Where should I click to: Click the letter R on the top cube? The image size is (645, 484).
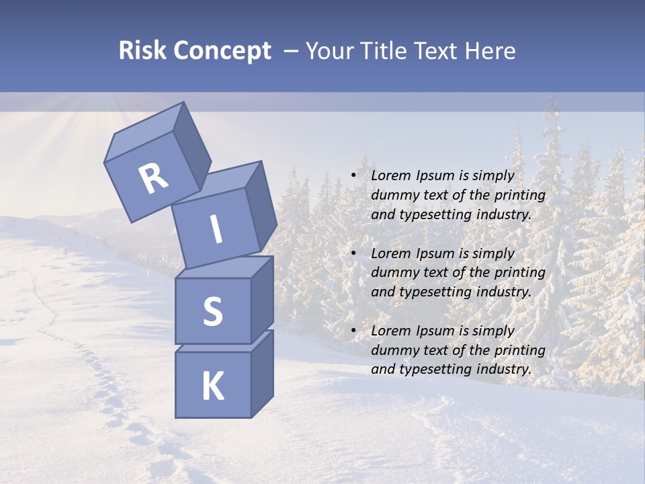tap(153, 179)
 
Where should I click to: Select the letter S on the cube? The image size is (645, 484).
tap(212, 311)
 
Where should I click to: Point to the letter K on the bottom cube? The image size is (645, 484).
tap(212, 387)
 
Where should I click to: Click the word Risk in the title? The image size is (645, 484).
tap(142, 51)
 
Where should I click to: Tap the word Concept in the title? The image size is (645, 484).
tap(222, 51)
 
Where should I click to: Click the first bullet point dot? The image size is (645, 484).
tap(353, 175)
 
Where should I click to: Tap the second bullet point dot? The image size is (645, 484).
tap(353, 253)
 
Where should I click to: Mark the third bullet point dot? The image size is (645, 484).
tap(353, 331)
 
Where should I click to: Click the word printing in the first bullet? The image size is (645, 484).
tap(519, 195)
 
